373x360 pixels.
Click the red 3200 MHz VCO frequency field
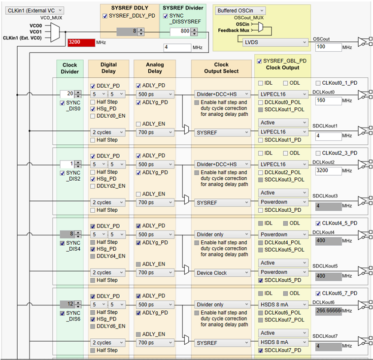click(x=81, y=42)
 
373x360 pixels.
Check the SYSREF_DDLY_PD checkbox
click(x=104, y=16)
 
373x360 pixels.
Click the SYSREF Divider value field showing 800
click(x=180, y=32)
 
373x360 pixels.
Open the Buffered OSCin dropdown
click(x=240, y=11)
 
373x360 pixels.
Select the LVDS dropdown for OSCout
click(x=275, y=42)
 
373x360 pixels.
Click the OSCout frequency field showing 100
click(x=328, y=47)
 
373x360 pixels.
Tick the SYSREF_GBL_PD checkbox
click(x=260, y=62)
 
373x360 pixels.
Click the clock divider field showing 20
click(x=67, y=94)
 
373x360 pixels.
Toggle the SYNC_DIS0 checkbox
click(x=62, y=103)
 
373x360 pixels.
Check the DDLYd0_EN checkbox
click(x=93, y=116)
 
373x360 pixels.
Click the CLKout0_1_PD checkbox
click(x=318, y=83)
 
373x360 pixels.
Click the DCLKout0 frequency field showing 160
click(x=328, y=101)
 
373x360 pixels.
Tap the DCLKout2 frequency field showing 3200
click(x=328, y=171)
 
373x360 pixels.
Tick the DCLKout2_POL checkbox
click(x=261, y=173)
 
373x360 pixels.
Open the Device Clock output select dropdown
click(x=222, y=273)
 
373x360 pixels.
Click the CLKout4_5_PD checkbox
click(x=318, y=223)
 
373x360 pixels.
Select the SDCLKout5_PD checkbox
click(x=261, y=280)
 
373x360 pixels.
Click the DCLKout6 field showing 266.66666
click(x=328, y=311)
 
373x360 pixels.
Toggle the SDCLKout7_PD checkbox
click(x=261, y=351)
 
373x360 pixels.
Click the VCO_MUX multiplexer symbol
click(x=55, y=32)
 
